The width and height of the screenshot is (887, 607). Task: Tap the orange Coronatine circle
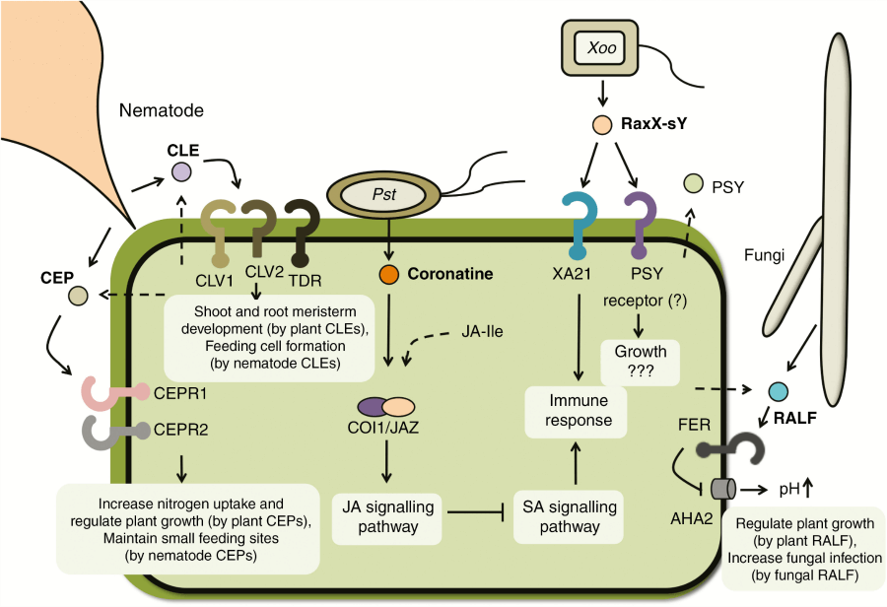click(x=389, y=275)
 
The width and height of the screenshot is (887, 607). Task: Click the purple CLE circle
click(x=181, y=172)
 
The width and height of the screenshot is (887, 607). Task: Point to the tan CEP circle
click(x=79, y=295)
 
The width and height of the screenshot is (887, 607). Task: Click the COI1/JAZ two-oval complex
click(x=385, y=407)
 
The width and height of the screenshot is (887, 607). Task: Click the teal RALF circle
click(x=779, y=391)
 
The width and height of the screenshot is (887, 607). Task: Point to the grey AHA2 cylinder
click(x=724, y=488)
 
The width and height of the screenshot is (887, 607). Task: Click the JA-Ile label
click(x=481, y=332)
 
